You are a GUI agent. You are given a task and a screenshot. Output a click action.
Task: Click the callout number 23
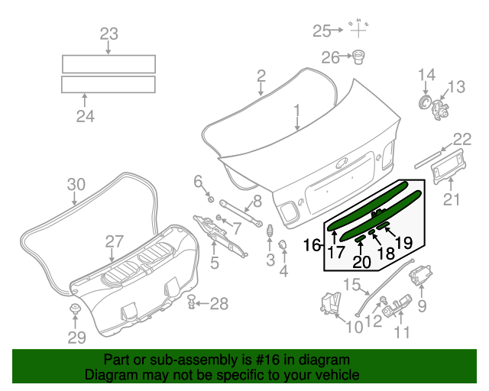(x=108, y=34)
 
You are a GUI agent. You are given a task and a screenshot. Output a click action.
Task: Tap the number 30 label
(x=76, y=184)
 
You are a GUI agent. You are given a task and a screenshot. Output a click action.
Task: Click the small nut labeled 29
(x=76, y=309)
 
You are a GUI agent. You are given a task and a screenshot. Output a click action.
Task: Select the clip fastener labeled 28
(x=192, y=304)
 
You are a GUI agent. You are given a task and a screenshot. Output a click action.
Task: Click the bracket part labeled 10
(x=331, y=302)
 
